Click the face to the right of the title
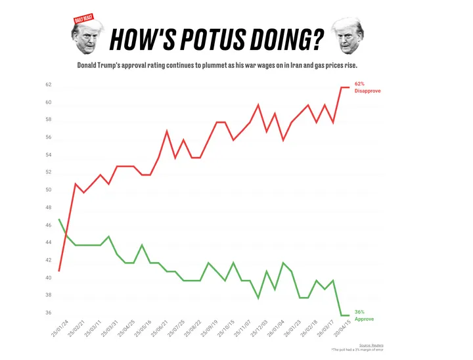[x=348, y=37]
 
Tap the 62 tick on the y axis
[x=48, y=85]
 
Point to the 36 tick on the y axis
[x=48, y=313]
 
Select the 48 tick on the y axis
[x=48, y=208]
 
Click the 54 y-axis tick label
[x=48, y=156]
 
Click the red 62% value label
[x=359, y=84]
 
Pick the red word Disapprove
[x=367, y=91]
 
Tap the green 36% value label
[x=359, y=312]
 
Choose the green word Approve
[x=364, y=319]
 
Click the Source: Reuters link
[x=372, y=345]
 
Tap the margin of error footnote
[x=357, y=350]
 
